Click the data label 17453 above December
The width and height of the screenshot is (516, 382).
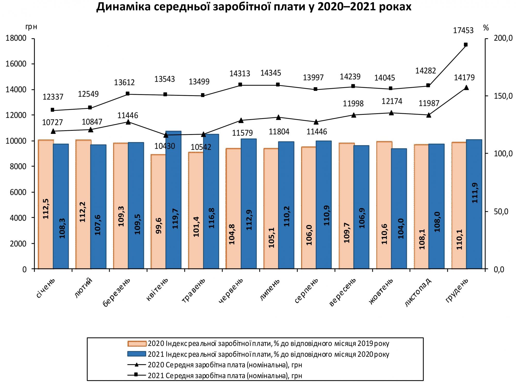pyautogui.click(x=463, y=31)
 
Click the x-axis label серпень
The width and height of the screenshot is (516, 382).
pyautogui.click(x=307, y=291)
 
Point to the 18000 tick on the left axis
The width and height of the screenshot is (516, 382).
pyautogui.click(x=16, y=38)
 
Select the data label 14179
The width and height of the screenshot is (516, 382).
pyautogui.click(x=464, y=77)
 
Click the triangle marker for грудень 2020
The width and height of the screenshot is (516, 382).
pyautogui.click(x=466, y=88)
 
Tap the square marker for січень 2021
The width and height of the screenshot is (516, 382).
pyautogui.click(x=53, y=110)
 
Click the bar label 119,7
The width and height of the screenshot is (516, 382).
pyautogui.click(x=175, y=219)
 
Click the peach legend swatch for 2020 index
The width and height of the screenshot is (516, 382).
pyautogui.click(x=137, y=344)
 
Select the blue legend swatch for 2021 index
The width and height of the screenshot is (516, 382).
pyautogui.click(x=137, y=354)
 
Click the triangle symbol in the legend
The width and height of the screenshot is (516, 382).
pyautogui.click(x=137, y=365)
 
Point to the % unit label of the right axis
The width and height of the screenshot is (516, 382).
pyautogui.click(x=486, y=28)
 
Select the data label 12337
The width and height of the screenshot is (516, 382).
pyautogui.click(x=53, y=97)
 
